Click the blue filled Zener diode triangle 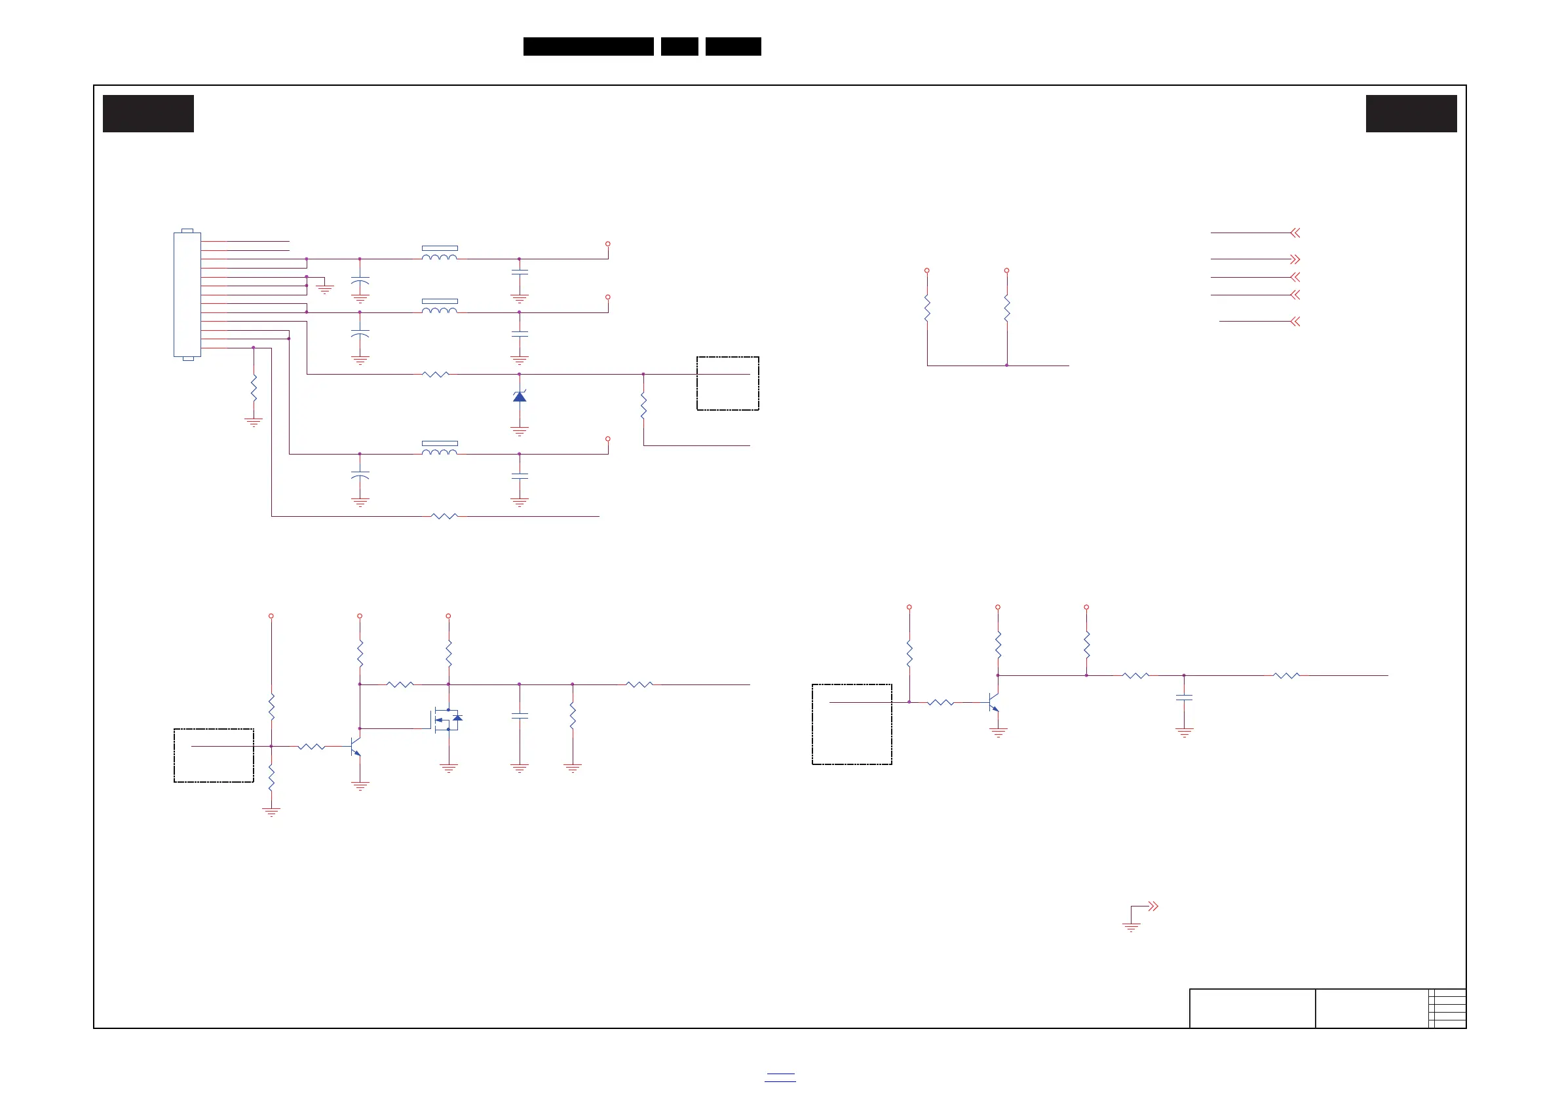(x=520, y=397)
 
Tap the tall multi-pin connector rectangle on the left (x=187, y=294)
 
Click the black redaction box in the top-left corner (x=148, y=113)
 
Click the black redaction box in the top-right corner (x=1411, y=113)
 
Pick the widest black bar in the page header (x=588, y=47)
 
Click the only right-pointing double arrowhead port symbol (x=1295, y=259)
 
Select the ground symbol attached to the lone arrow (x=1132, y=926)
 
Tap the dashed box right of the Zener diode (x=728, y=383)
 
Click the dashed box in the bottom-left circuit (x=214, y=755)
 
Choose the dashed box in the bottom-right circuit (x=851, y=724)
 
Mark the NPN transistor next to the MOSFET (x=354, y=747)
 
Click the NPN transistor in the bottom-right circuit (x=993, y=702)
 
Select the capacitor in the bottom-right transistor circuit (x=1185, y=698)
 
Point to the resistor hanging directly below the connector (x=254, y=388)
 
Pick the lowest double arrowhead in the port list (x=1295, y=321)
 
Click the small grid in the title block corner (x=1447, y=1008)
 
